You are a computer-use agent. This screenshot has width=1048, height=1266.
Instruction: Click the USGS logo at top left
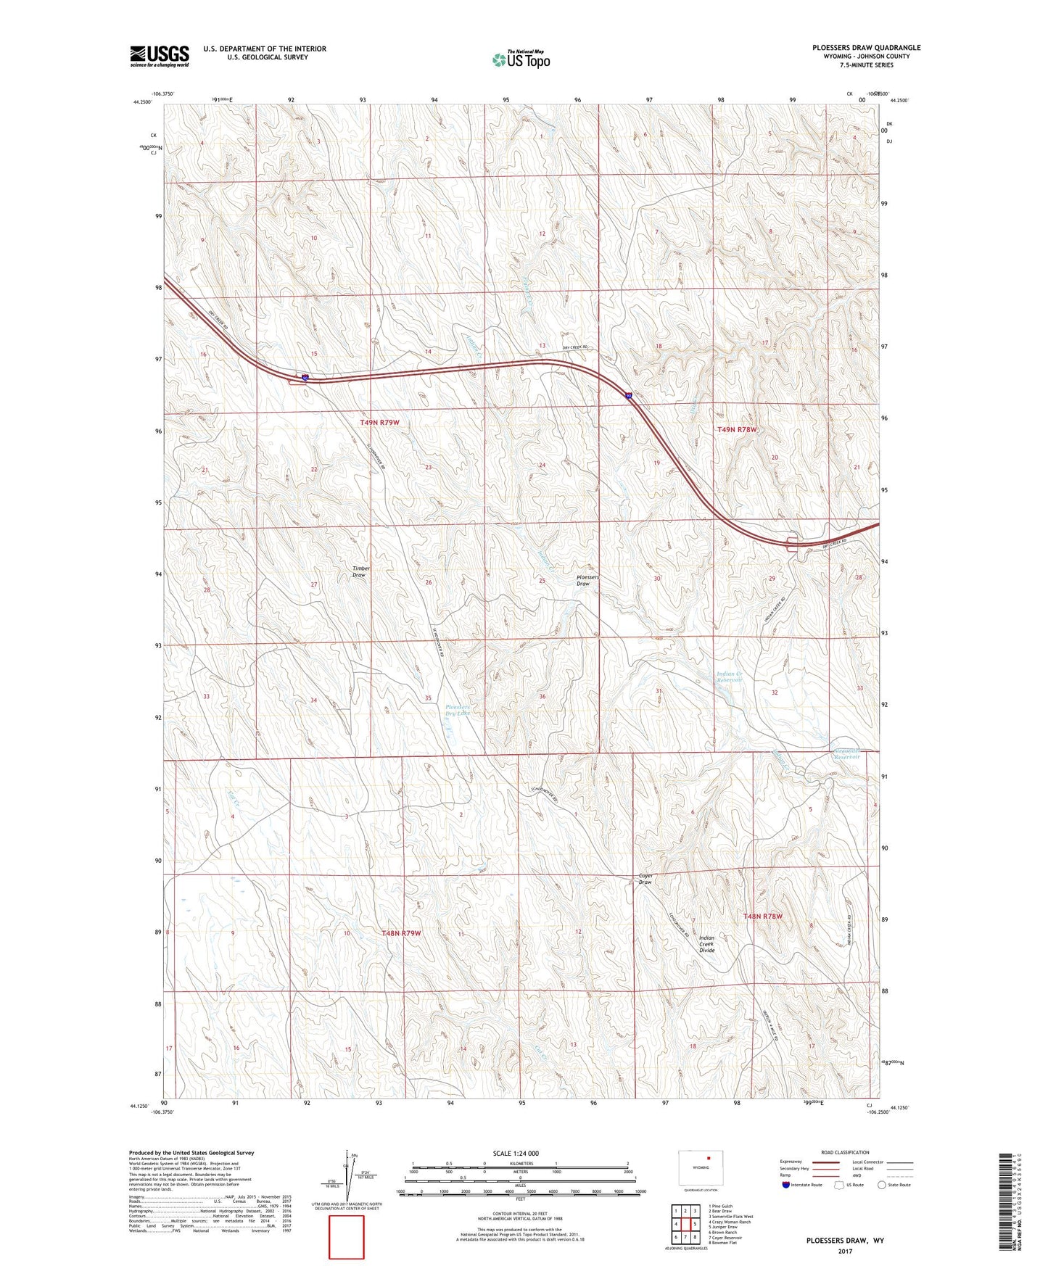point(160,56)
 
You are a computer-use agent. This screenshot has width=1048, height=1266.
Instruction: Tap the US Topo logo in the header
point(520,59)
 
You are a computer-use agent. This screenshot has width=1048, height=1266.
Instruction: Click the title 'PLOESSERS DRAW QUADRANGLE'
point(866,48)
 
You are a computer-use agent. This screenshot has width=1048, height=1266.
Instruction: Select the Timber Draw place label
point(360,571)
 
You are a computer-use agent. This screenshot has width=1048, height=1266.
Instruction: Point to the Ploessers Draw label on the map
point(587,580)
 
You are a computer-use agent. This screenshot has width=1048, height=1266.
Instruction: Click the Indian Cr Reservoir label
point(730,677)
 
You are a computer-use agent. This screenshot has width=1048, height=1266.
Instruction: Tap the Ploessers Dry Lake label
point(458,710)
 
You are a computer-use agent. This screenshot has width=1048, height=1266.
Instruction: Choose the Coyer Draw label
point(645,879)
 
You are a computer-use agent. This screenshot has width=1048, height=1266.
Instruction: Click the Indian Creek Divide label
point(706,944)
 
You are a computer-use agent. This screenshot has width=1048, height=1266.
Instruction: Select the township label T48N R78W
point(762,917)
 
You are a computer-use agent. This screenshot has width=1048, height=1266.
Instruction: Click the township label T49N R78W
point(737,429)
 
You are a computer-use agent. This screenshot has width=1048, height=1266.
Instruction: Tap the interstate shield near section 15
point(305,377)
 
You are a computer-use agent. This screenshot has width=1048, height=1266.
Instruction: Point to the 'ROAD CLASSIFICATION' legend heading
point(845,1152)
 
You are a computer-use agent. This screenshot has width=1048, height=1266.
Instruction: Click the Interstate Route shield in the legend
point(786,1185)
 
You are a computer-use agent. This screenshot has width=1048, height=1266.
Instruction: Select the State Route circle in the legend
point(882,1185)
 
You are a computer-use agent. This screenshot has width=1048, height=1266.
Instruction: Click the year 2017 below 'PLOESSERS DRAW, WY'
point(845,1251)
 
